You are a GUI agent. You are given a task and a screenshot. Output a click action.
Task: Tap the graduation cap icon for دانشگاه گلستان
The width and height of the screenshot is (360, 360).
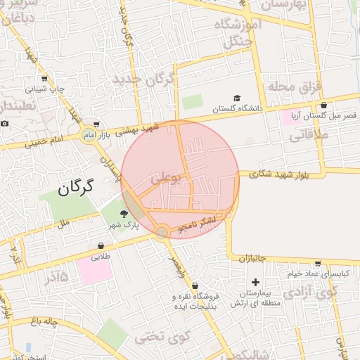[x=237, y=99]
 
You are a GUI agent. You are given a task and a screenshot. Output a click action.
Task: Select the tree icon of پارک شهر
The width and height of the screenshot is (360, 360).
[x=124, y=214]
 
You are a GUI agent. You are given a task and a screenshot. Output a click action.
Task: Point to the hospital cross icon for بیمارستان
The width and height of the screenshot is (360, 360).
[x=255, y=282]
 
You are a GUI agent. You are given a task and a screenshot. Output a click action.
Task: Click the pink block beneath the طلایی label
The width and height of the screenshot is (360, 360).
[x=94, y=271]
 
